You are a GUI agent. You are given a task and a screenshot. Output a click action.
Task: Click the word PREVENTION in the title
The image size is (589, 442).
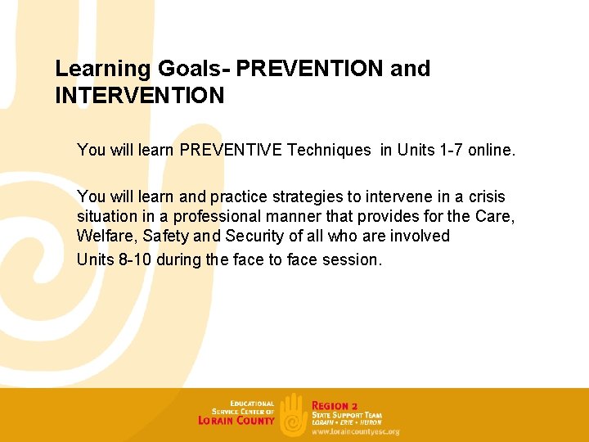(x=316, y=69)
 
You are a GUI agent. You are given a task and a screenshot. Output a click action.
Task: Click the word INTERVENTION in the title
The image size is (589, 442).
(x=139, y=96)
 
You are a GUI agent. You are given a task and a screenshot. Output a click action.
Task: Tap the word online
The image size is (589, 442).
(x=493, y=150)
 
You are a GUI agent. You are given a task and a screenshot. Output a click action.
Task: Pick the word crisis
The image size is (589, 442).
(x=484, y=197)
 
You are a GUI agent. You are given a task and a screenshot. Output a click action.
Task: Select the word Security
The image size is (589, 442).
(x=250, y=237)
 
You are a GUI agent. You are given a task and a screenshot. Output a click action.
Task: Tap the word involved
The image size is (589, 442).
(x=417, y=237)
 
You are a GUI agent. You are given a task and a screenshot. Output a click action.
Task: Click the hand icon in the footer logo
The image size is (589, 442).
(x=293, y=413)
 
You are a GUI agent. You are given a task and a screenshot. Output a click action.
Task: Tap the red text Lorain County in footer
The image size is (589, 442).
(x=236, y=421)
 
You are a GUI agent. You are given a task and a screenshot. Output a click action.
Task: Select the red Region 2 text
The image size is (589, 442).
(x=335, y=406)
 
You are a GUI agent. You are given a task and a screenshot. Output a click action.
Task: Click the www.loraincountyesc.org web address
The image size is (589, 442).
(x=355, y=431)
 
